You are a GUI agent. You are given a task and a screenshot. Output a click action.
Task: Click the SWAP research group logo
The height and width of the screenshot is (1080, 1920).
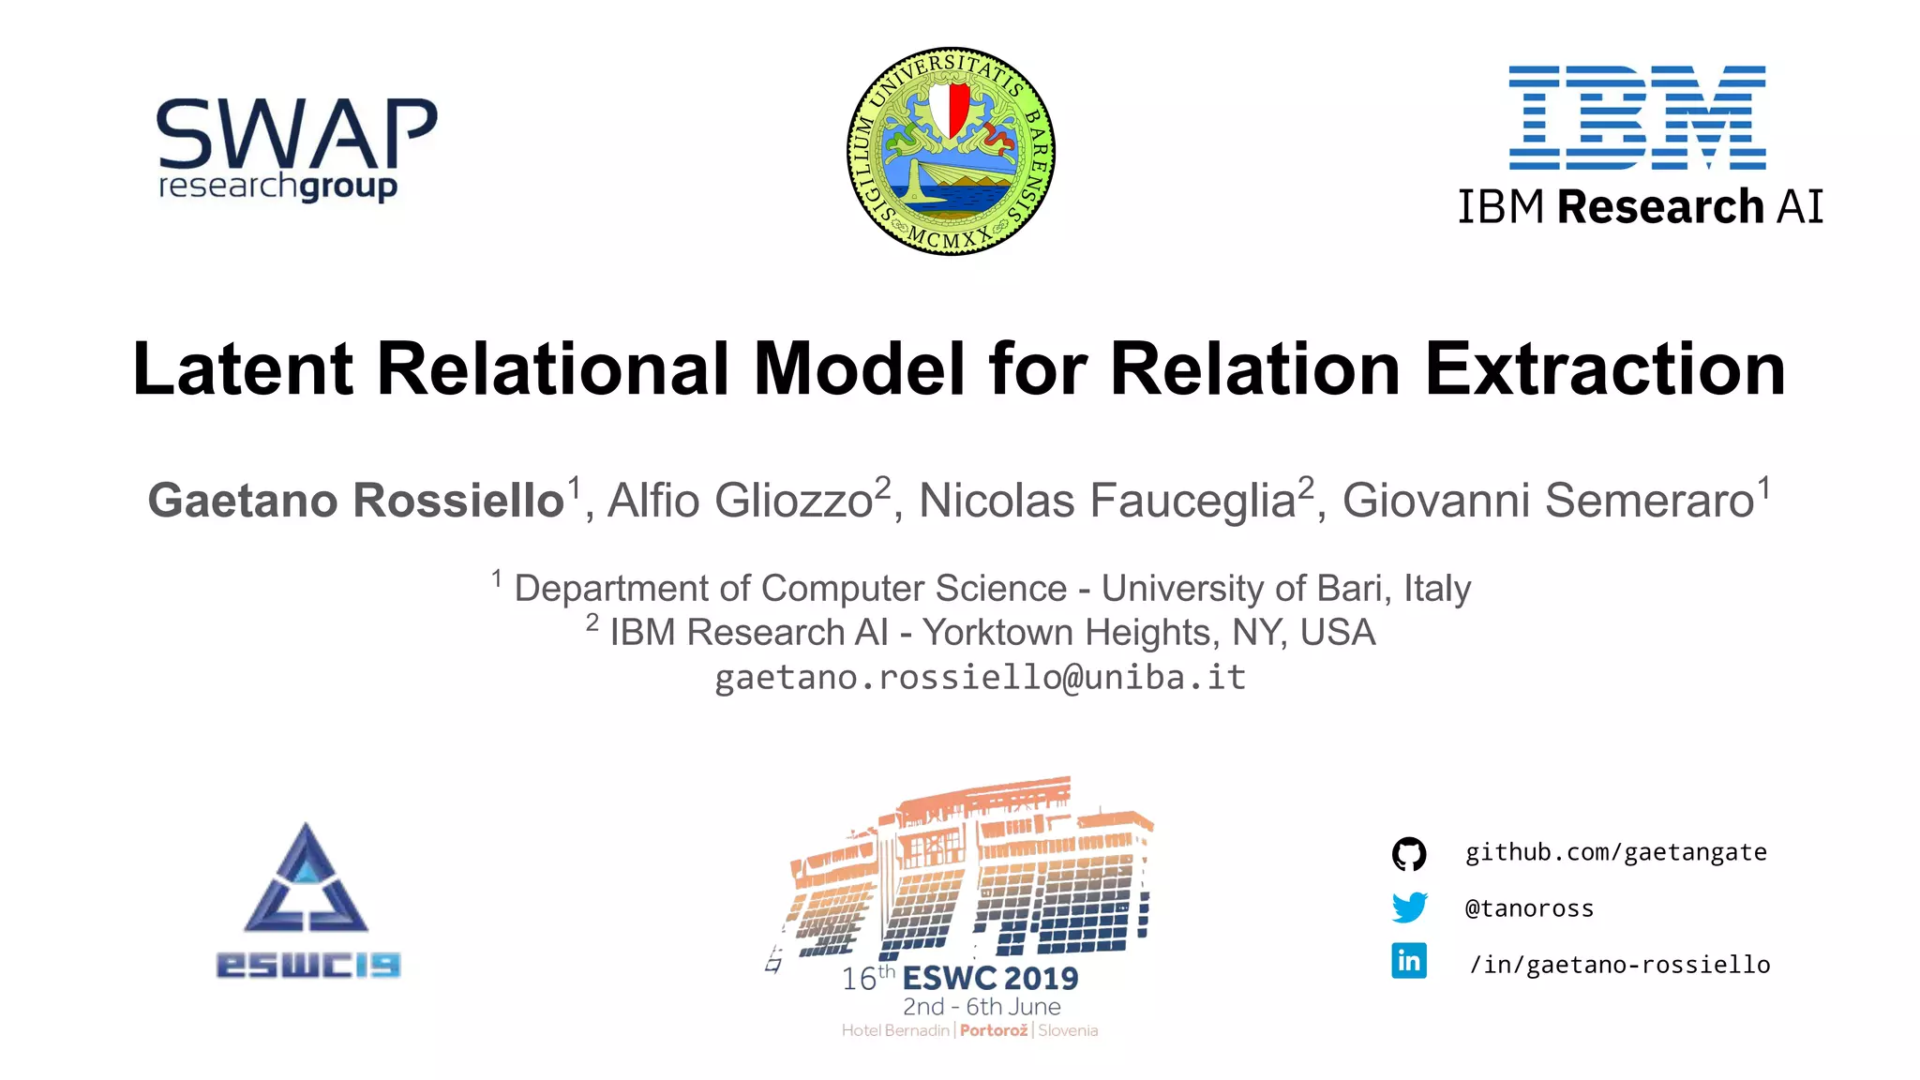click(x=296, y=150)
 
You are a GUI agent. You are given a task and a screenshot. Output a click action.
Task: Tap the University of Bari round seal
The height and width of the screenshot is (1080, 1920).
click(x=951, y=151)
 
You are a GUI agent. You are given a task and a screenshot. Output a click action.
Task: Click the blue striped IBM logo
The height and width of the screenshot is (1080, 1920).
click(x=1637, y=117)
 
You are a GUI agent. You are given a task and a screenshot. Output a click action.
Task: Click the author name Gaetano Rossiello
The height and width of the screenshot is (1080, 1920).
click(x=356, y=500)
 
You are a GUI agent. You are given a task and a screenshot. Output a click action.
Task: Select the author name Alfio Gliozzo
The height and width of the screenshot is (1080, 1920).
click(x=741, y=500)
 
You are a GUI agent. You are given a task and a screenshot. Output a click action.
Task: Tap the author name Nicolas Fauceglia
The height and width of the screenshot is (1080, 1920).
click(x=1106, y=500)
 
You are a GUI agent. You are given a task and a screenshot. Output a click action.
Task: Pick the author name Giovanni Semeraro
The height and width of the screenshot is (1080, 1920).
click(x=1548, y=500)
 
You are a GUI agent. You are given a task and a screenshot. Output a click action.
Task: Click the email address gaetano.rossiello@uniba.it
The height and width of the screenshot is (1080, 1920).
click(x=980, y=677)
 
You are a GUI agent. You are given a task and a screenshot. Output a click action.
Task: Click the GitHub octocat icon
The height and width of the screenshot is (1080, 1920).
click(x=1409, y=854)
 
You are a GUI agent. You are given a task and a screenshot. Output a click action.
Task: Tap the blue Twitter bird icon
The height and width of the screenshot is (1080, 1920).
click(x=1409, y=907)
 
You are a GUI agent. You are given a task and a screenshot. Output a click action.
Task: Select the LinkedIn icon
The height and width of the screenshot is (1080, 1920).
click(x=1409, y=961)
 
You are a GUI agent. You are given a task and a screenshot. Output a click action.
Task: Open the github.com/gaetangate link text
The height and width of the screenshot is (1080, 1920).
click(x=1615, y=852)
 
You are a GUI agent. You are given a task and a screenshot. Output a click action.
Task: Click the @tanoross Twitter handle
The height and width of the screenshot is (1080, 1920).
click(x=1529, y=908)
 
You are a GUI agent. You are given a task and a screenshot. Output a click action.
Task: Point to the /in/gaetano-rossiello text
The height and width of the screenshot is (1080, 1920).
click(x=1619, y=965)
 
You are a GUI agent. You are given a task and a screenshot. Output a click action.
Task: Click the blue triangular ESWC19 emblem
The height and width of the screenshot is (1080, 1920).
click(x=307, y=881)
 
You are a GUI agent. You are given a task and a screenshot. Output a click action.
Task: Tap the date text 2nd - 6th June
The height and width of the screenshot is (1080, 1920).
click(x=982, y=1007)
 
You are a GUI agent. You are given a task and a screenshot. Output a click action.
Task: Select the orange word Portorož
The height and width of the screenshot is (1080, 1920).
click(x=994, y=1030)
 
